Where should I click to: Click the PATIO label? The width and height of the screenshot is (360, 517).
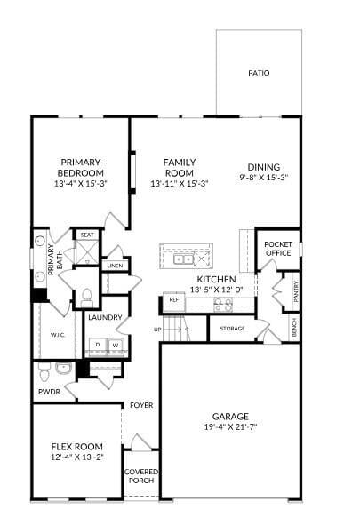point(259,73)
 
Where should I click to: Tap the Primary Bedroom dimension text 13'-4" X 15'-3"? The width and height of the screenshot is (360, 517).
point(81,184)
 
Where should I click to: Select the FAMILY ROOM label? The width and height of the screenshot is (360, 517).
point(179,167)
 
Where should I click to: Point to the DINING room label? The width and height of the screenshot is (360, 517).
point(264,167)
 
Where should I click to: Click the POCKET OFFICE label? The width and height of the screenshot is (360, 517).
point(278,248)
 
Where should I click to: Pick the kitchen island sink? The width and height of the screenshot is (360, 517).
point(185,258)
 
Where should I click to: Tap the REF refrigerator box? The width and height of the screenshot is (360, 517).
point(174,300)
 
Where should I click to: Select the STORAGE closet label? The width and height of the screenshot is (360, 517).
point(232,329)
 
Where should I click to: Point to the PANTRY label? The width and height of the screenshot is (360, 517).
point(295,291)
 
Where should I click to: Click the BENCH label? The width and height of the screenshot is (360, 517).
point(295,327)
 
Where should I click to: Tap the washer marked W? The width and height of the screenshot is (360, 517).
point(116,345)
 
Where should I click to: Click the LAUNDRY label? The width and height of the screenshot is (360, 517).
point(105,317)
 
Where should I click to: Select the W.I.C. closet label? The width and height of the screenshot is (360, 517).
point(59,335)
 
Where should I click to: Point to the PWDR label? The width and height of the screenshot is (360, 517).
point(49,390)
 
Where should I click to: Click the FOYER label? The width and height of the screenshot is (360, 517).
point(141,405)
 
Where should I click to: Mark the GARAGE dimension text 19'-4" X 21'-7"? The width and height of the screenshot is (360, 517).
point(230,427)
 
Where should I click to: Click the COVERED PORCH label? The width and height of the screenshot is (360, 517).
point(140,476)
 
